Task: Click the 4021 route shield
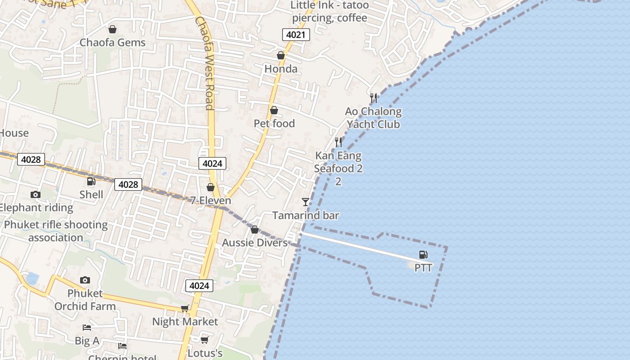tap(296, 35)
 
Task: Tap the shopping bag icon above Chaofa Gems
tap(112, 30)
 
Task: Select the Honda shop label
tap(281, 69)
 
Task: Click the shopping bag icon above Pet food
tap(274, 111)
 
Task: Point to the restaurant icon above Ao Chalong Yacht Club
tap(373, 98)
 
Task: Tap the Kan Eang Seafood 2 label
tap(338, 162)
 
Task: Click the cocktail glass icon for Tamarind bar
tap(306, 202)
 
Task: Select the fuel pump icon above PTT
tap(423, 255)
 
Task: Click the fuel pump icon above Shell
tap(91, 181)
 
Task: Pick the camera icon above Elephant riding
tap(36, 195)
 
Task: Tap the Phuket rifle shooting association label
tap(56, 231)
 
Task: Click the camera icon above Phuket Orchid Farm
tap(85, 280)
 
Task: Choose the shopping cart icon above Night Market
tap(184, 309)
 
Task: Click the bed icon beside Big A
tap(87, 328)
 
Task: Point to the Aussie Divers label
tap(255, 243)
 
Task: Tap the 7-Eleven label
tap(210, 201)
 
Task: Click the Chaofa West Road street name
tap(205, 63)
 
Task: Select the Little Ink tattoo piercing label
tap(329, 12)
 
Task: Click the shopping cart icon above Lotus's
tap(205, 340)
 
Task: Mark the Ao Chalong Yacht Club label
tap(373, 118)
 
